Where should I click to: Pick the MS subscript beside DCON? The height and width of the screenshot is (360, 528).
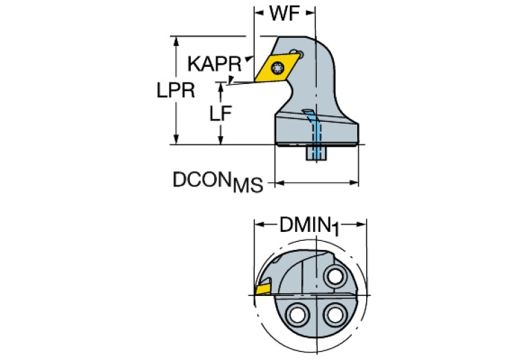(247, 186)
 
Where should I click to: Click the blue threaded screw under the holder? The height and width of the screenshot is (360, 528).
(317, 152)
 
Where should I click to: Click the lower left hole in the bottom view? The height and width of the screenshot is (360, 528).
(299, 314)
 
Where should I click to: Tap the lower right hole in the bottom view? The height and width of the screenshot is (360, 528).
(335, 314)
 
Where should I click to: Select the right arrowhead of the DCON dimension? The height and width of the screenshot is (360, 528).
(355, 183)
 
